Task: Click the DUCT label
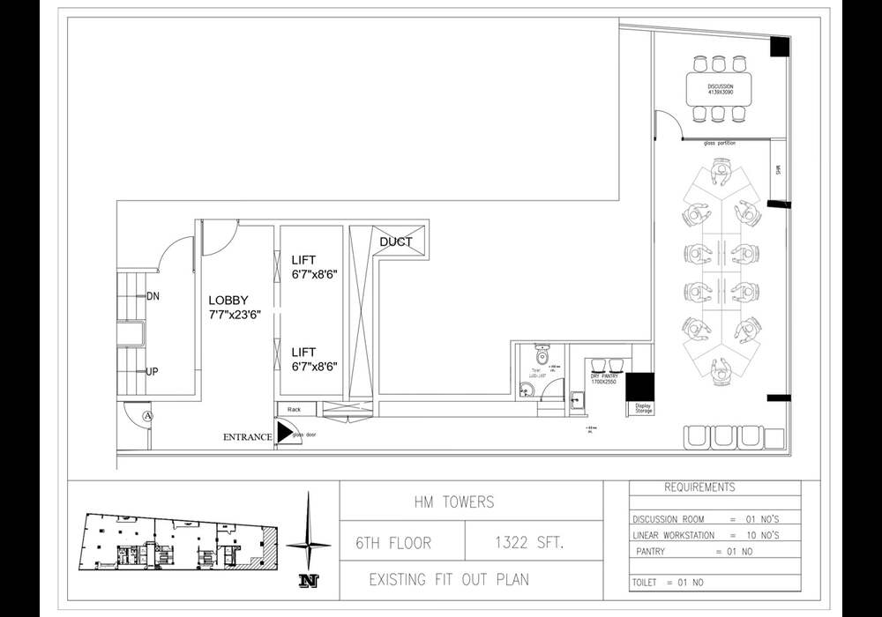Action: [396, 242]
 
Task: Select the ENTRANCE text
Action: [247, 437]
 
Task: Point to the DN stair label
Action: [153, 296]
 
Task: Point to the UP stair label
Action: [153, 371]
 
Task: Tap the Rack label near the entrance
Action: [294, 410]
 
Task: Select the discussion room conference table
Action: [720, 88]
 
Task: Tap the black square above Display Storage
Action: [639, 386]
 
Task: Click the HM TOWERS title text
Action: [454, 502]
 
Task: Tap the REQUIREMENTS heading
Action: [699, 487]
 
